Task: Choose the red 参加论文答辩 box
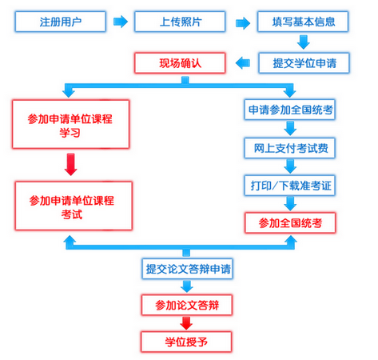coord(186,305)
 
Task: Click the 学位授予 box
coord(186,342)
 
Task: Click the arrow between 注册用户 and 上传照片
coord(119,21)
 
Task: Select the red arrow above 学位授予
coord(186,323)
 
